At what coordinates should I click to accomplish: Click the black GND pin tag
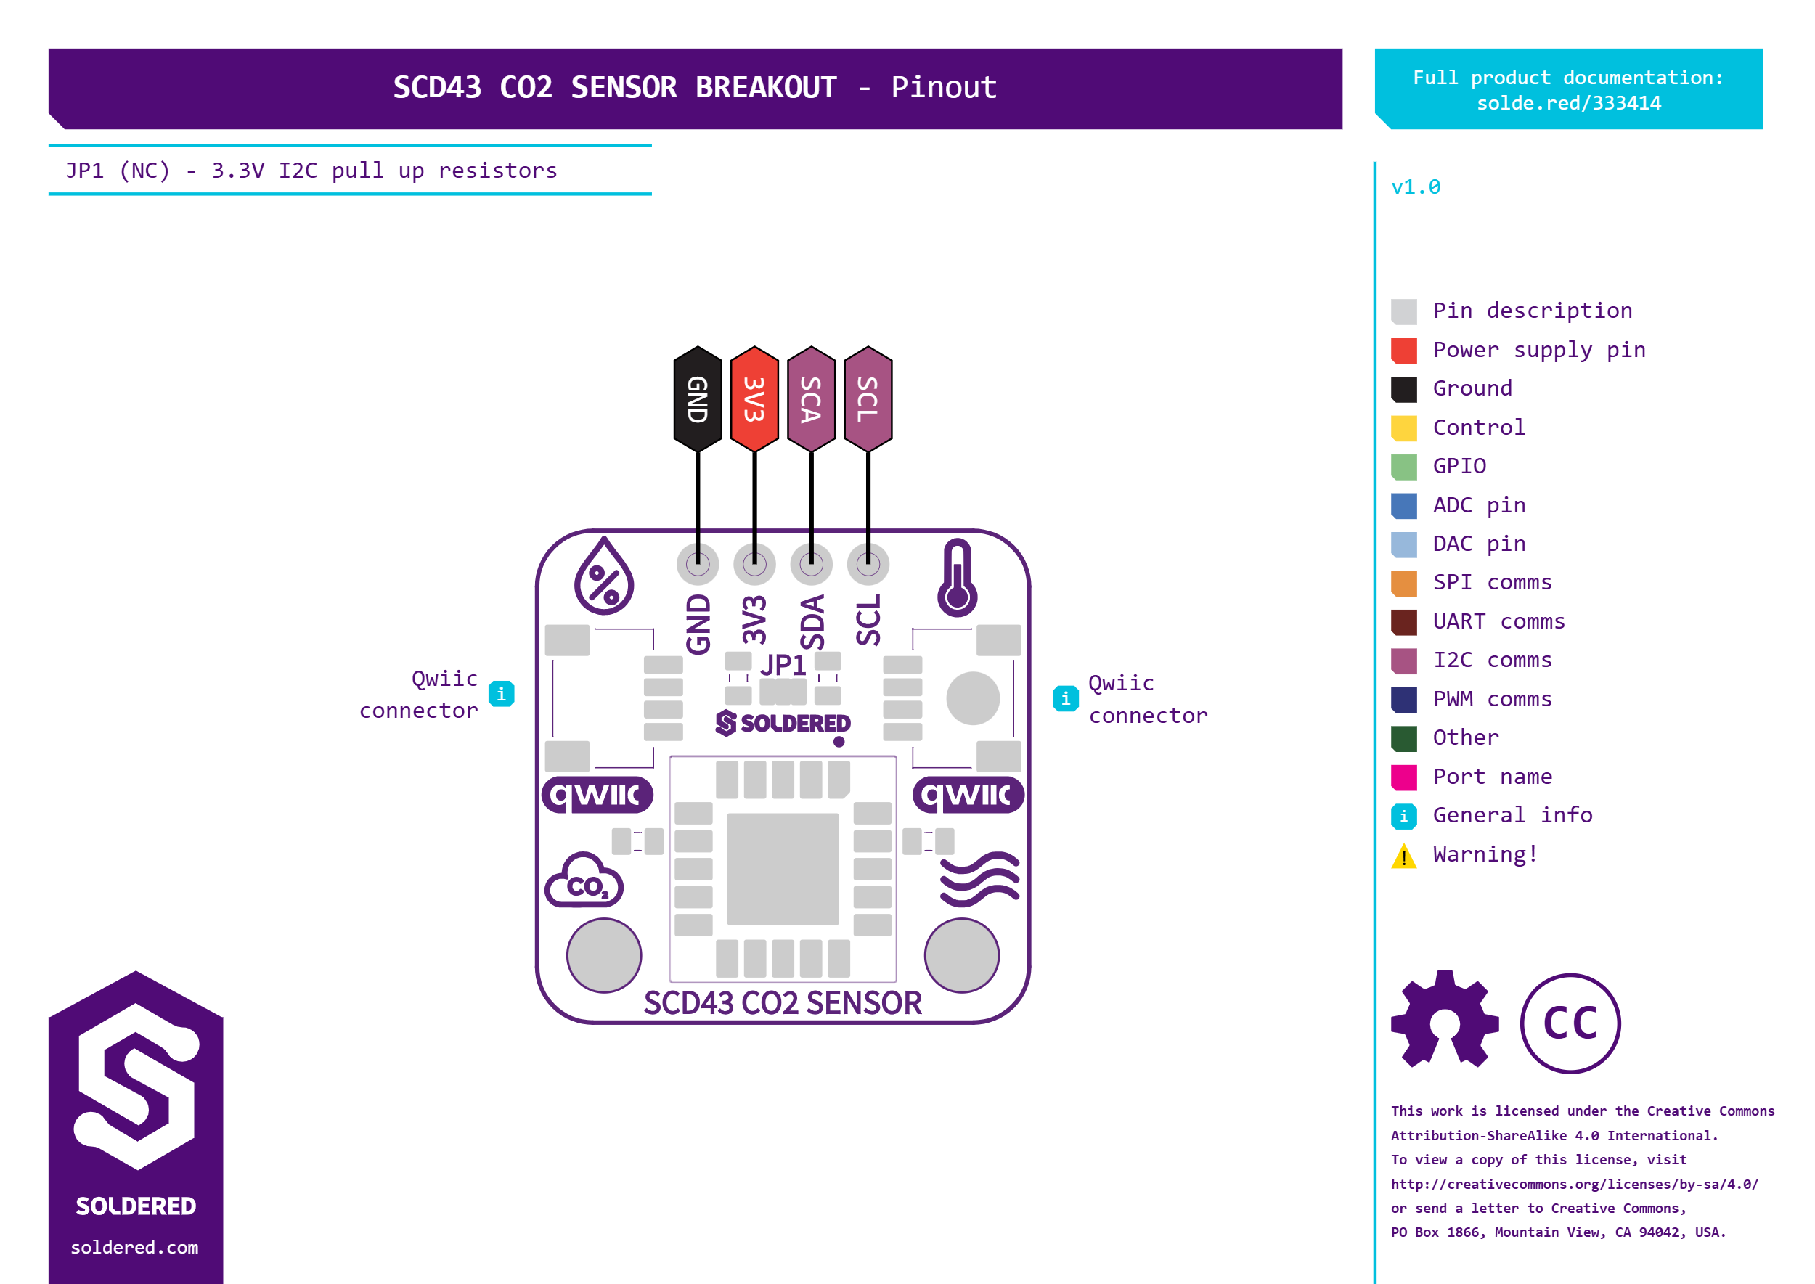click(x=698, y=399)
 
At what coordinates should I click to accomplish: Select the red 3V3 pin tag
click(x=754, y=399)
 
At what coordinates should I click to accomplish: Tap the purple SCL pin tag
click(x=868, y=399)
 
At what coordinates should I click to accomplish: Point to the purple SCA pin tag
click(x=812, y=399)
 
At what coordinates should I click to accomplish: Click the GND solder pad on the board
click(x=698, y=565)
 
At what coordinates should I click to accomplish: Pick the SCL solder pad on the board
click(x=868, y=565)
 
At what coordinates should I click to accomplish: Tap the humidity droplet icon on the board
click(x=603, y=576)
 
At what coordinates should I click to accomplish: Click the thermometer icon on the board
click(x=957, y=578)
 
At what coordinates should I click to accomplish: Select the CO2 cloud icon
click(x=584, y=880)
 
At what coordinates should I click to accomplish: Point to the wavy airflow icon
click(x=980, y=878)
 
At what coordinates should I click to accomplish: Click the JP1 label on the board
click(x=783, y=665)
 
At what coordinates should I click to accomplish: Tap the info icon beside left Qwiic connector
click(x=502, y=694)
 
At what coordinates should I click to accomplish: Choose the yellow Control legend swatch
click(x=1404, y=428)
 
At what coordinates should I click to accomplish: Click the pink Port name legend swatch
click(x=1404, y=777)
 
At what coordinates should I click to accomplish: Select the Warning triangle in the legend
click(x=1404, y=856)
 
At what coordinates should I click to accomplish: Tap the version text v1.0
click(x=1416, y=187)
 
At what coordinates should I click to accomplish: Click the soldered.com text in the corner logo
click(x=134, y=1248)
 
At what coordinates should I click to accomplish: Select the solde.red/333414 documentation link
click(x=1569, y=104)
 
